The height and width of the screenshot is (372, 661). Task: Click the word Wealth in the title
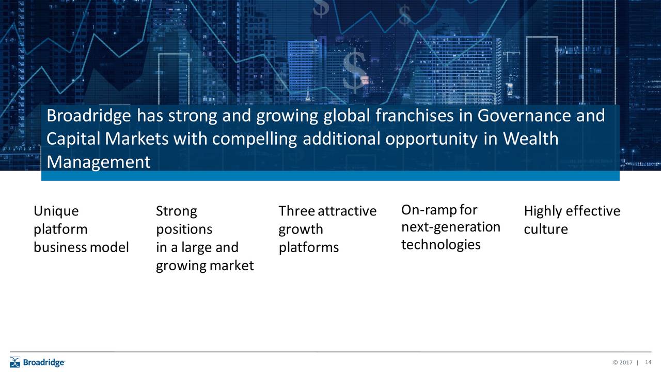point(530,139)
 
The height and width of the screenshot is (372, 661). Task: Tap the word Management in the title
point(98,162)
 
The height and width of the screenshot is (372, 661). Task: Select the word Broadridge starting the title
point(90,116)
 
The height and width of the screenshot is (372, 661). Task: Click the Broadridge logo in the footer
point(37,362)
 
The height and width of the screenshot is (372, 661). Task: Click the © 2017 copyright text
point(622,363)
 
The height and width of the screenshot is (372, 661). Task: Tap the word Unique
point(56,211)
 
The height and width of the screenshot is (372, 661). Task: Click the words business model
point(81,248)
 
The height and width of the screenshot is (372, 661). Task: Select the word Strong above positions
point(176,211)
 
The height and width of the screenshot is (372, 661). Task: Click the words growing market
point(204,266)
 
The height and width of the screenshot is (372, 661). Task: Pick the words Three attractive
point(327,211)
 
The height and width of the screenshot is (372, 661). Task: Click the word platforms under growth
point(308,248)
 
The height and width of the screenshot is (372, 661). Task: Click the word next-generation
point(450,227)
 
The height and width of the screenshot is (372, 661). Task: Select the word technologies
point(440,245)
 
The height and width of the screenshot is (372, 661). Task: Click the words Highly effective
point(572,211)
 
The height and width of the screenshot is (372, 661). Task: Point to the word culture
point(545,229)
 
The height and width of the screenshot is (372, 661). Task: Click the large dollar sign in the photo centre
point(355,71)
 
